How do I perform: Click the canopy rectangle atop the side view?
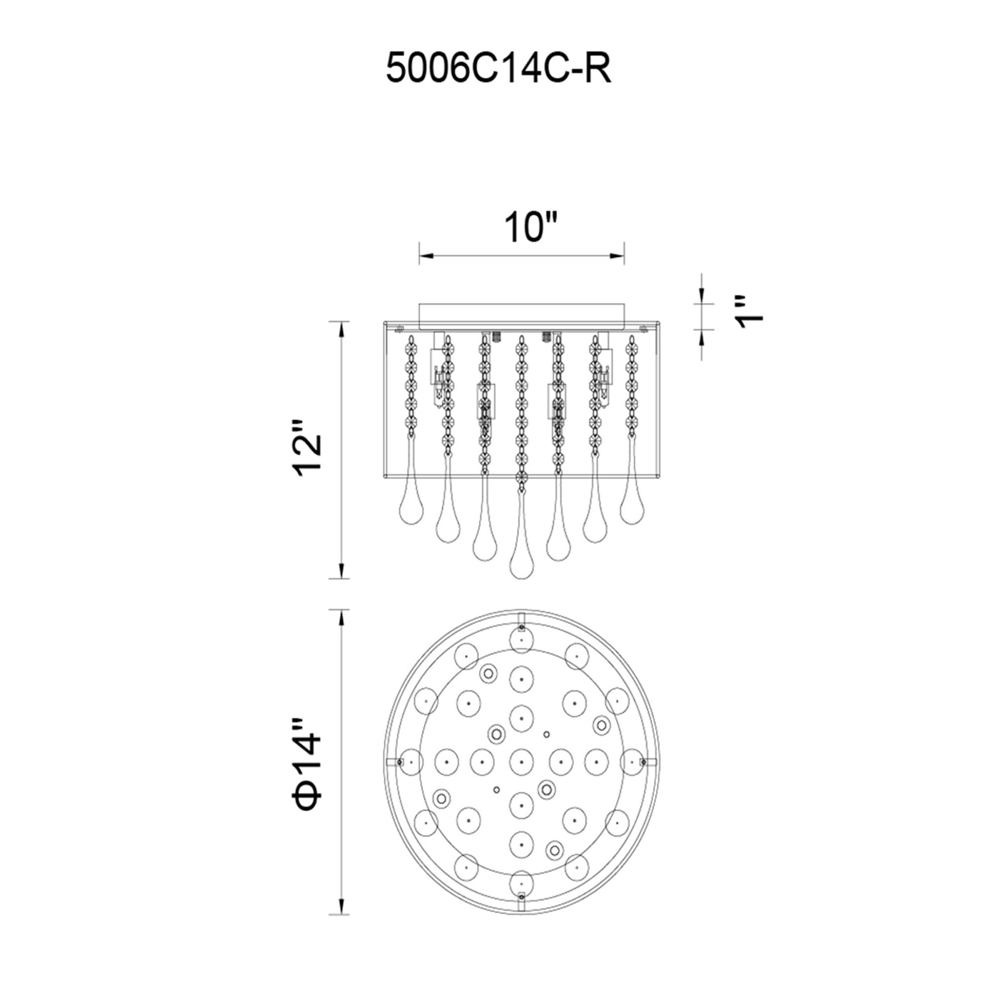click(x=521, y=315)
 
